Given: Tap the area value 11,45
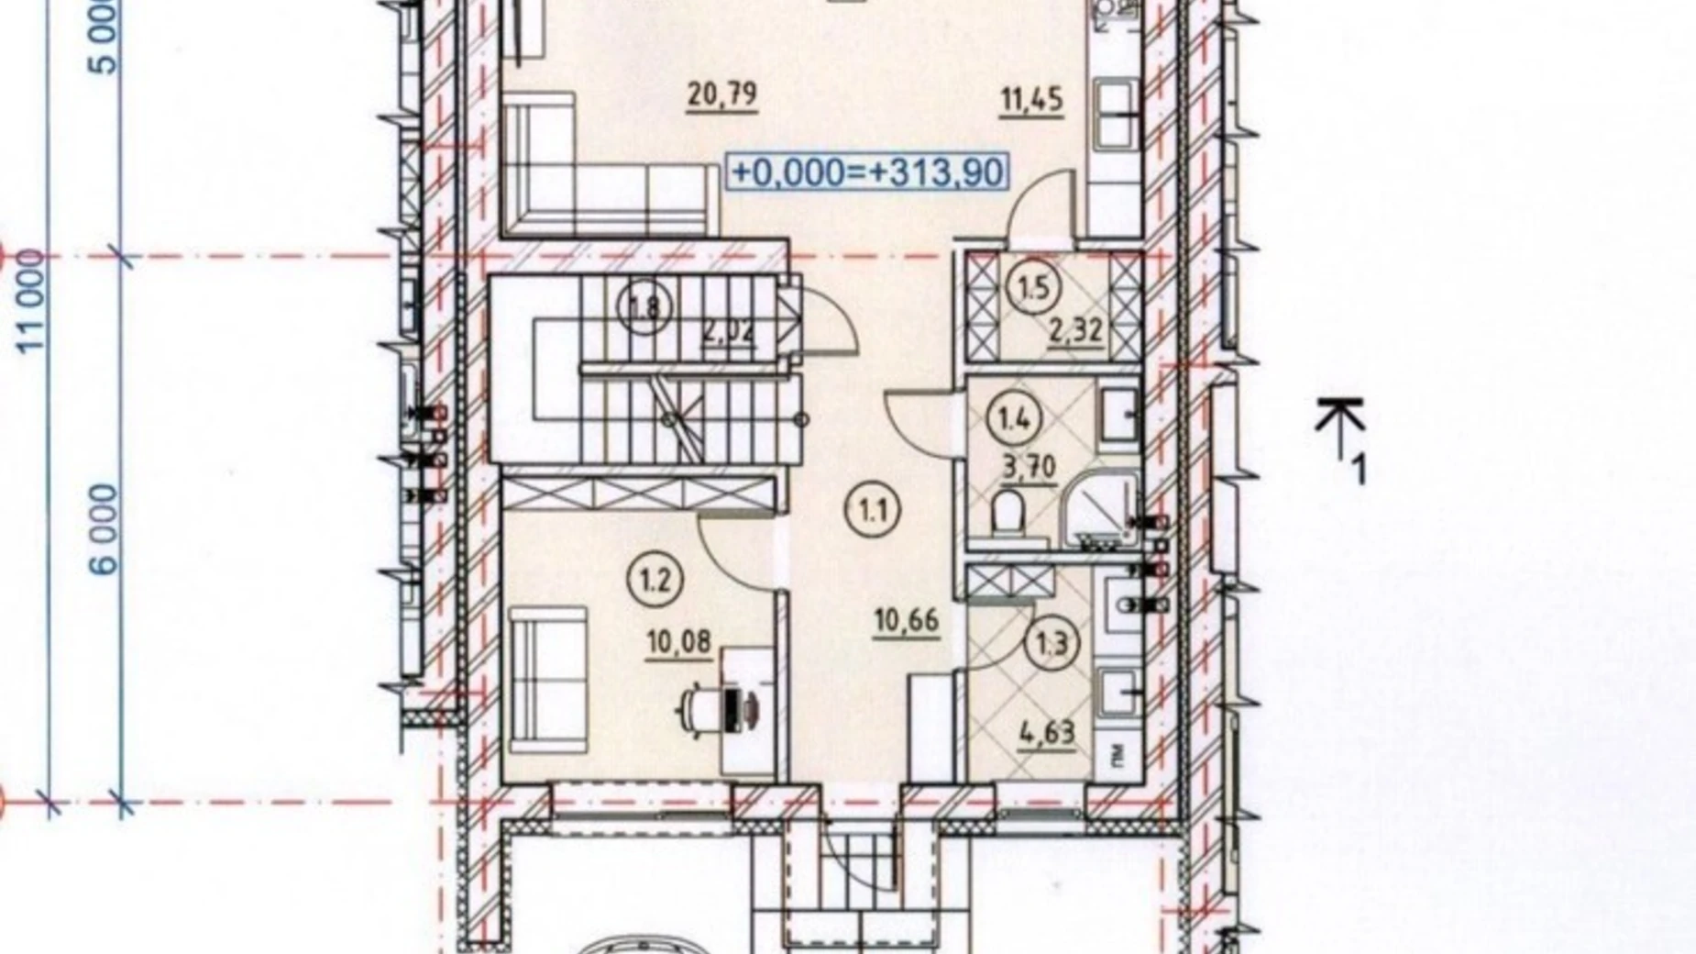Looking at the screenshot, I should [1032, 98].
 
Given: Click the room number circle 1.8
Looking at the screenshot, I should [646, 306].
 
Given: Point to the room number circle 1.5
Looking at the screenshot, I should [1033, 289].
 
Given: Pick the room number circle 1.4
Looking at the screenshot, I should [1014, 420].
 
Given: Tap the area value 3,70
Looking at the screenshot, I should [1030, 469].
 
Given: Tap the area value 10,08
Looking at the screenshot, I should [679, 641].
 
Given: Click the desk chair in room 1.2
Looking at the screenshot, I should [701, 708].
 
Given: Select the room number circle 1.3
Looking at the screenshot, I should [1052, 643].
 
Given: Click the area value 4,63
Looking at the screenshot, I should [1046, 732].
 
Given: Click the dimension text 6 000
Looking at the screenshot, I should [107, 529].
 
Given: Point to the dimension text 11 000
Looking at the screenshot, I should [32, 302].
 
